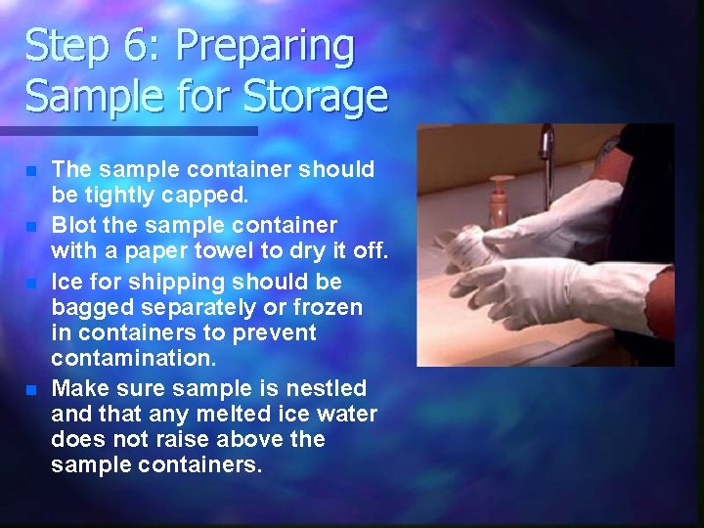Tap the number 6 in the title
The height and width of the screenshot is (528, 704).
pyautogui.click(x=128, y=47)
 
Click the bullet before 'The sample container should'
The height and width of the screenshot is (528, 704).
pyautogui.click(x=31, y=171)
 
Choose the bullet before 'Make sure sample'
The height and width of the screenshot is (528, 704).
pyautogui.click(x=31, y=390)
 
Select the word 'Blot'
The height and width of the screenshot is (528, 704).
pyautogui.click(x=73, y=225)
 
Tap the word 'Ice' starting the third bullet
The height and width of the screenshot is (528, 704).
pyautogui.click(x=67, y=282)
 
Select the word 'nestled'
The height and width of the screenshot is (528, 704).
pyautogui.click(x=327, y=388)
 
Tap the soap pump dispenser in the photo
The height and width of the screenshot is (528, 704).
pyautogui.click(x=501, y=201)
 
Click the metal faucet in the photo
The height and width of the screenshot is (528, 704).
pyautogui.click(x=547, y=152)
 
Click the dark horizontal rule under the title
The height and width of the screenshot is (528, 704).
pyautogui.click(x=128, y=130)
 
